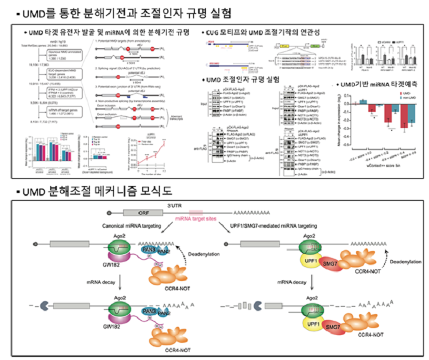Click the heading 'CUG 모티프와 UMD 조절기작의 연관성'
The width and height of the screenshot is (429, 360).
tap(267, 32)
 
